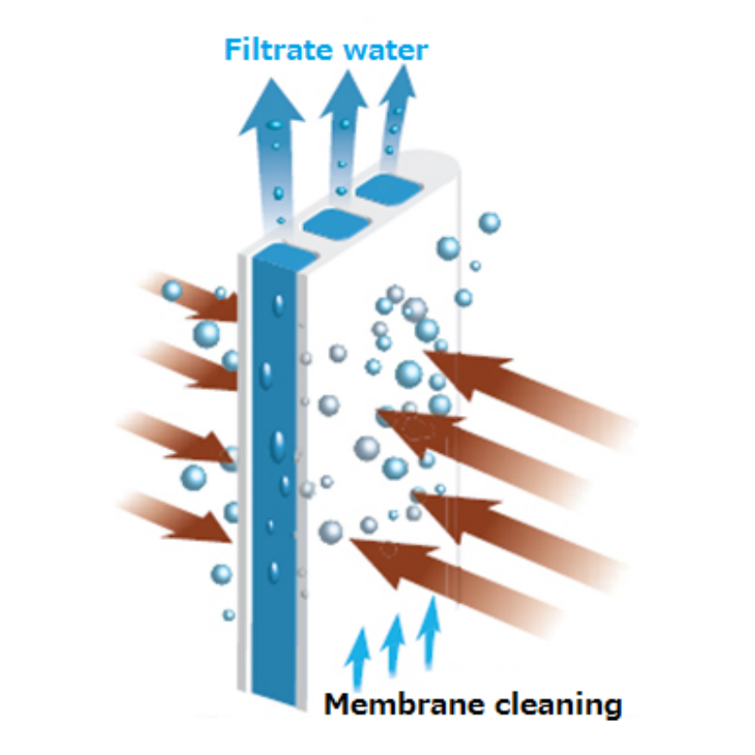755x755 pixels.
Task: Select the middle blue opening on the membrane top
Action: (x=335, y=223)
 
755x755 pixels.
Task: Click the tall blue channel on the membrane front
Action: (x=274, y=472)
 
